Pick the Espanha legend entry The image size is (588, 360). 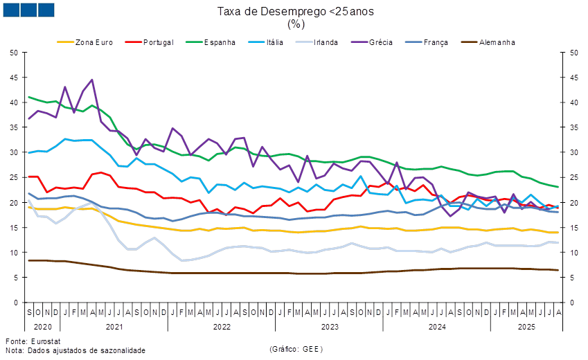[220, 42]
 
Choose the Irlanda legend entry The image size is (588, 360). [326, 42]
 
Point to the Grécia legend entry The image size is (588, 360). [381, 42]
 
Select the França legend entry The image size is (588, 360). [434, 42]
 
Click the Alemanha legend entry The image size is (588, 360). [496, 42]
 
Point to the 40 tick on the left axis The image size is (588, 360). [14, 102]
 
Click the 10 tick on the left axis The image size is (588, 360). [14, 253]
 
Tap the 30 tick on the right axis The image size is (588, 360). [574, 152]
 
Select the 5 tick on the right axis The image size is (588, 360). [572, 278]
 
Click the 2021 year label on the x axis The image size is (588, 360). [114, 325]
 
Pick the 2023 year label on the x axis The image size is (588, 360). [330, 325]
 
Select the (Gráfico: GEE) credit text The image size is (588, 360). [296, 350]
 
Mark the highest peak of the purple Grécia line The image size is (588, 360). [92, 80]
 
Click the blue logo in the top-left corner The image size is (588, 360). [29, 10]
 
